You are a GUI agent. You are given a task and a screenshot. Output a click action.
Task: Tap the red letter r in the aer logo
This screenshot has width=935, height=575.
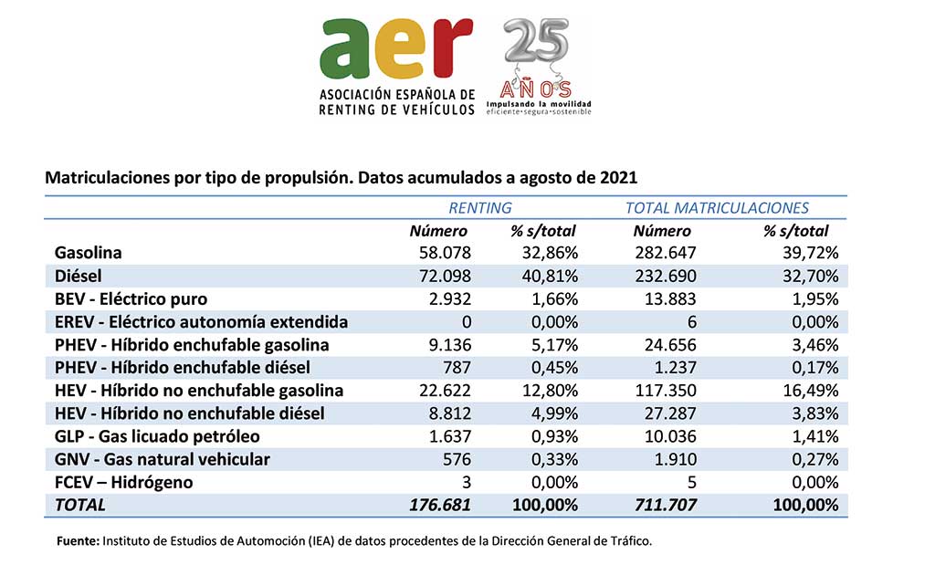454,48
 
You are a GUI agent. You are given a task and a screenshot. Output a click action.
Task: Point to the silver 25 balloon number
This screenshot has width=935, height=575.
536,40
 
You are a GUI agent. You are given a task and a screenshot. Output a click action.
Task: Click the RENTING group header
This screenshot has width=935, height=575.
480,208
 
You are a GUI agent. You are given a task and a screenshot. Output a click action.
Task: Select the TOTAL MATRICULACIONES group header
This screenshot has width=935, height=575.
717,208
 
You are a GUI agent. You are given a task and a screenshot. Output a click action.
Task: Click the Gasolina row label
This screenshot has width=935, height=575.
89,253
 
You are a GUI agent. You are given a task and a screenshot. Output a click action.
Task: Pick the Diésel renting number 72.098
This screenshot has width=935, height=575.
445,276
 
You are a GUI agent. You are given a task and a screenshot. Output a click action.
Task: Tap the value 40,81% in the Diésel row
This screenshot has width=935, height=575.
551,276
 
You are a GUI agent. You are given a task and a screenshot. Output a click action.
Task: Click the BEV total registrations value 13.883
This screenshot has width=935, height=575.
670,299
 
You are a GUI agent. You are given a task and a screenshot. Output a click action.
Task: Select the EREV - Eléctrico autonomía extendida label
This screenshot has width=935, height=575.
201,322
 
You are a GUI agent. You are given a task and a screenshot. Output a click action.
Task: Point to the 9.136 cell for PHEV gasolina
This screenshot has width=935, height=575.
450,345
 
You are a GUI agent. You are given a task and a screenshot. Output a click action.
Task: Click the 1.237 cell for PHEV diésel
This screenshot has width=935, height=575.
676,368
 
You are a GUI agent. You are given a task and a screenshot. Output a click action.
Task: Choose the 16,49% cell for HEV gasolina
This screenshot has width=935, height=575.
811,391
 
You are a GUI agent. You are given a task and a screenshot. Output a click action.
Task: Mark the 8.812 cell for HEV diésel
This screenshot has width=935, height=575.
450,413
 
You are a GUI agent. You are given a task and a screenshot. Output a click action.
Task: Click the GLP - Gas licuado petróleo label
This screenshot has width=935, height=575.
157,437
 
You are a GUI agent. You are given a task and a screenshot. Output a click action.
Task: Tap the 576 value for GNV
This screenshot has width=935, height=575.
457,459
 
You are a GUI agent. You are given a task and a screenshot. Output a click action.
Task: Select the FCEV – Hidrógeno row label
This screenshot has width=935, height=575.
123,483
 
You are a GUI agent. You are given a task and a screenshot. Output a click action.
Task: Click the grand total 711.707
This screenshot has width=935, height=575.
666,506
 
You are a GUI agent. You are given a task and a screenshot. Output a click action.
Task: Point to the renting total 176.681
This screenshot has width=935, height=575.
440,506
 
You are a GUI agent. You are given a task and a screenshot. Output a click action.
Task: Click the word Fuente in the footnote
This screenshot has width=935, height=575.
78,541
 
